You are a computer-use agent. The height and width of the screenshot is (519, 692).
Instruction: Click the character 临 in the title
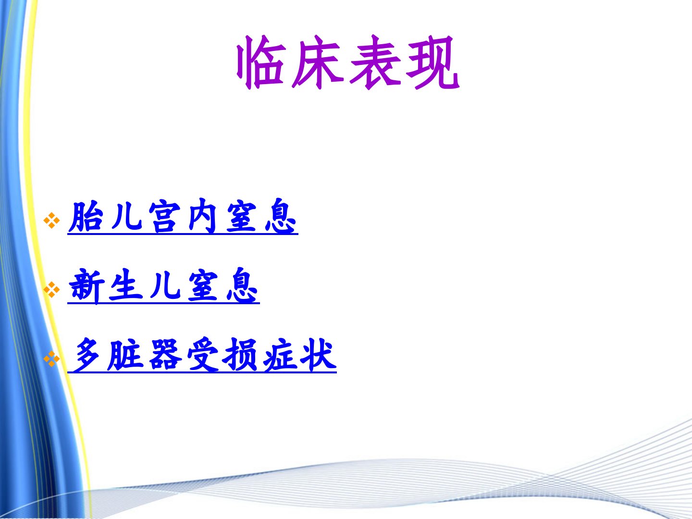[261, 62]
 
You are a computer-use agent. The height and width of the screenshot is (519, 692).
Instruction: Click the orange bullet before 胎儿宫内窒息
[52, 220]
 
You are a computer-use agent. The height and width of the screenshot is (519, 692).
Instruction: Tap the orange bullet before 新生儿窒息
[52, 290]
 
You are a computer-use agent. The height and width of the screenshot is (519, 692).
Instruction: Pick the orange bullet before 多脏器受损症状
[52, 359]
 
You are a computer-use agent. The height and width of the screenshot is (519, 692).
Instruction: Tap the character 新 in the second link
[86, 286]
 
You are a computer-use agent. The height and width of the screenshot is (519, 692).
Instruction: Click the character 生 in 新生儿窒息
[125, 286]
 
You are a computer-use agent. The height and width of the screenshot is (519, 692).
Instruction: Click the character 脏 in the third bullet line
[125, 355]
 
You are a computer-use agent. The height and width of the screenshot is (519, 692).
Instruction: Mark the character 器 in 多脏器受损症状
[165, 355]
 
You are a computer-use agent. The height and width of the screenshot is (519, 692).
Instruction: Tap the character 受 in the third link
[203, 355]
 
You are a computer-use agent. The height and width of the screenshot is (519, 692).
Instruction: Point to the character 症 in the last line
[280, 355]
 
